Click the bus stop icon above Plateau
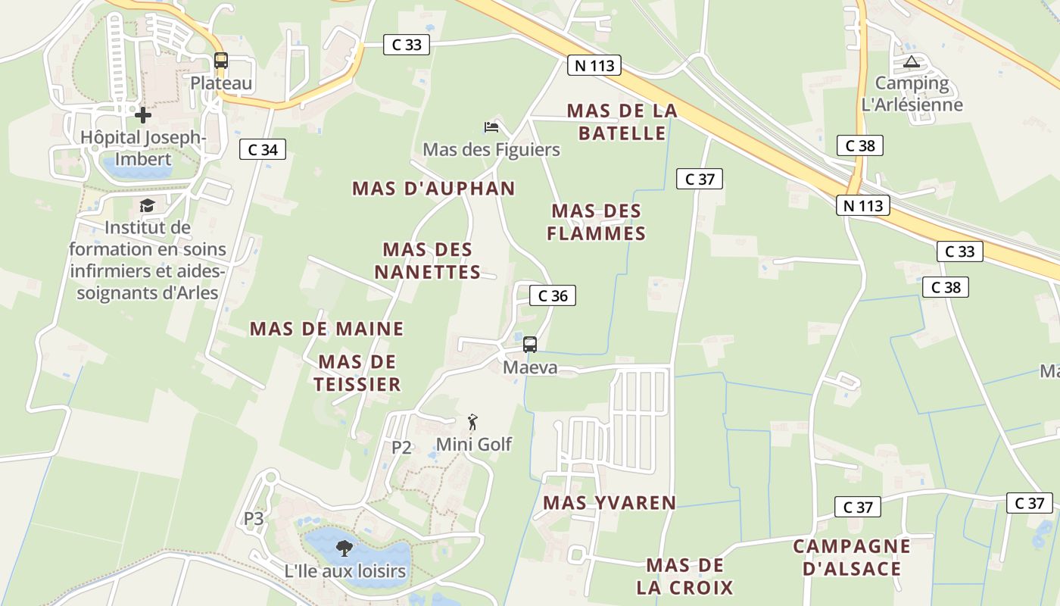[x=220, y=61]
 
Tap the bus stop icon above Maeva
[x=530, y=345]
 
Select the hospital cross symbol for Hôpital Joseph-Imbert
[x=143, y=115]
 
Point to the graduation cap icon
[x=147, y=205]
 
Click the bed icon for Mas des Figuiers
[x=491, y=127]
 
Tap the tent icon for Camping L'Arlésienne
[x=911, y=61]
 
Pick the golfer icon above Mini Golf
[x=473, y=422]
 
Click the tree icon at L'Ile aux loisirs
[x=344, y=548]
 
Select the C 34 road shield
[x=263, y=149]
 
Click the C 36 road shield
[x=553, y=295]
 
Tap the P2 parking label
[x=401, y=447]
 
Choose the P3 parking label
[x=254, y=519]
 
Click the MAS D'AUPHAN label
[x=434, y=188]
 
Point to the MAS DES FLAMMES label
[x=597, y=222]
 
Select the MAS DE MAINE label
[x=326, y=329]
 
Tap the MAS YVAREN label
[x=609, y=502]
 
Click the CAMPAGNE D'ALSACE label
[x=852, y=557]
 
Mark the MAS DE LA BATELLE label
[x=622, y=122]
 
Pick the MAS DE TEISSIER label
[x=357, y=373]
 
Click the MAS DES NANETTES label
[x=428, y=261]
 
